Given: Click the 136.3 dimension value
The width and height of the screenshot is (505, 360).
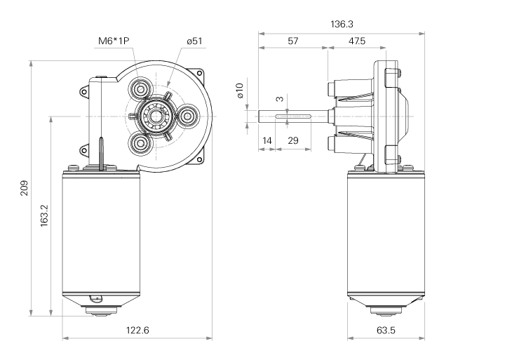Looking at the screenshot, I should [342, 25].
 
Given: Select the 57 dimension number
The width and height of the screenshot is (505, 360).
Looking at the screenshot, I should [293, 41].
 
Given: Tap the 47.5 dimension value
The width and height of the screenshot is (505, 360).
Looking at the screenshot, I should [356, 41].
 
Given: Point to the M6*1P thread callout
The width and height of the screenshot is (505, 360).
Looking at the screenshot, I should [114, 41].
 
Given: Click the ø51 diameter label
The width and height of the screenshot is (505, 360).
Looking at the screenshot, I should [194, 41].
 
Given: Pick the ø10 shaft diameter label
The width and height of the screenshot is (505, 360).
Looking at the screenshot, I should [239, 91].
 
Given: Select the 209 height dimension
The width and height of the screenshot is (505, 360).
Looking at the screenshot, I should [24, 188].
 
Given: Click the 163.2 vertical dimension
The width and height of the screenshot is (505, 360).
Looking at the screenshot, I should [43, 215].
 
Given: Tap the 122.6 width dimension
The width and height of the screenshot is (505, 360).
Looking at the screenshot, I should [137, 331].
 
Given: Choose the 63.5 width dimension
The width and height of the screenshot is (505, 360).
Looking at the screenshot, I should [386, 331].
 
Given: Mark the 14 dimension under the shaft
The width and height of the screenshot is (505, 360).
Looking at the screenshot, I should [267, 141].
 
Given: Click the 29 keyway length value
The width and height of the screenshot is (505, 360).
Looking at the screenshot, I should [293, 141].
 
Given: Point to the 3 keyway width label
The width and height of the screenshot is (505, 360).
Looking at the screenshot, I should [278, 100].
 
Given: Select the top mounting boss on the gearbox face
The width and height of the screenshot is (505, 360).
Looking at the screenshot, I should [141, 89].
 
